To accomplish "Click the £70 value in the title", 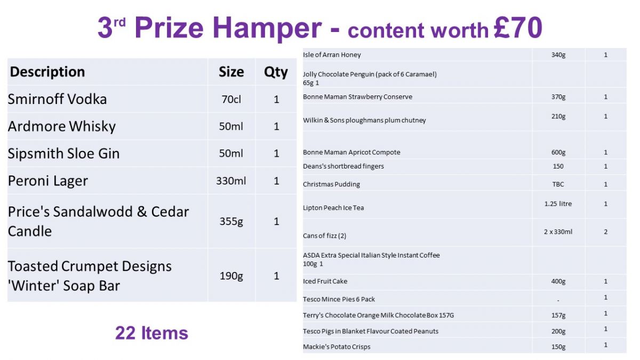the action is pyautogui.click(x=518, y=27).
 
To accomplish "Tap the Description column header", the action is pyautogui.click(x=47, y=71).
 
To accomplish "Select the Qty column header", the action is pyautogui.click(x=276, y=72).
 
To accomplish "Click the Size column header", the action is pyautogui.click(x=231, y=71).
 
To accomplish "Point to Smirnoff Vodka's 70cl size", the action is pyautogui.click(x=231, y=99).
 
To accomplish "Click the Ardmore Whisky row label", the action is pyautogui.click(x=62, y=126).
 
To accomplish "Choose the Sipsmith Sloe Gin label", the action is pyautogui.click(x=63, y=154).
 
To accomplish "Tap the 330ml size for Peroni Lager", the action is pyautogui.click(x=231, y=181).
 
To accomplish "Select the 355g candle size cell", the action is pyautogui.click(x=231, y=221).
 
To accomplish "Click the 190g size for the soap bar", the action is pyautogui.click(x=231, y=276).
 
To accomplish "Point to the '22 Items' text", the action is pyautogui.click(x=151, y=333).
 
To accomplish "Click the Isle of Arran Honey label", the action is pyautogui.click(x=332, y=54).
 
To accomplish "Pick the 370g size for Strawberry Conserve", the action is pyautogui.click(x=558, y=97).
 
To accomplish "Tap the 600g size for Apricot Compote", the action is pyautogui.click(x=558, y=153).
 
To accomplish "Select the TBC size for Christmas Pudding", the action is pyautogui.click(x=558, y=185).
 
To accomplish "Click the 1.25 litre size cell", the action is pyautogui.click(x=558, y=204).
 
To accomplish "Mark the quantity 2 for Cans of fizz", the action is pyautogui.click(x=606, y=231).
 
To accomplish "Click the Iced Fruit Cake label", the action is pyautogui.click(x=325, y=281).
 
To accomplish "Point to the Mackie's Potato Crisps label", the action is pyautogui.click(x=337, y=347).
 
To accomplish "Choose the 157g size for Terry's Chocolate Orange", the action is pyautogui.click(x=558, y=315).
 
